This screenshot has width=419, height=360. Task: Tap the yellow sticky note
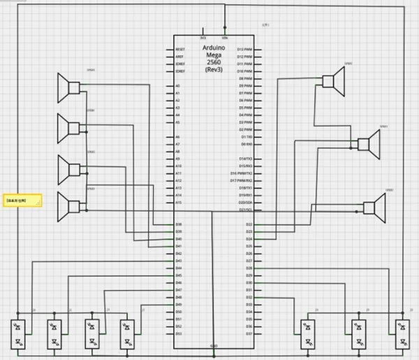click(x=22, y=201)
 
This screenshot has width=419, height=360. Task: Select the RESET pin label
click(x=180, y=50)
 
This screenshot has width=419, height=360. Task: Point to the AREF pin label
click(x=180, y=57)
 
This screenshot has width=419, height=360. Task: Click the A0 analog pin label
click(x=178, y=86)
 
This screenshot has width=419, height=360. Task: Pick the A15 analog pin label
click(x=179, y=203)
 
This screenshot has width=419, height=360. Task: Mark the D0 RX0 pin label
click(x=246, y=144)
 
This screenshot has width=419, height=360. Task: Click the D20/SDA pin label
click(x=245, y=202)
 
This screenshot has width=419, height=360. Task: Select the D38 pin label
click(x=179, y=224)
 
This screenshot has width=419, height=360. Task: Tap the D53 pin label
click(x=179, y=333)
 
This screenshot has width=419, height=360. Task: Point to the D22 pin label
click(x=249, y=224)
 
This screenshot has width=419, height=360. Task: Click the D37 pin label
click(x=249, y=333)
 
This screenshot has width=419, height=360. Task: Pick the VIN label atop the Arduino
click(x=225, y=38)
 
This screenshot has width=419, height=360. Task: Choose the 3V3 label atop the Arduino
click(x=203, y=38)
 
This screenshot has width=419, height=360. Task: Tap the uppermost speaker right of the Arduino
click(x=333, y=82)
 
